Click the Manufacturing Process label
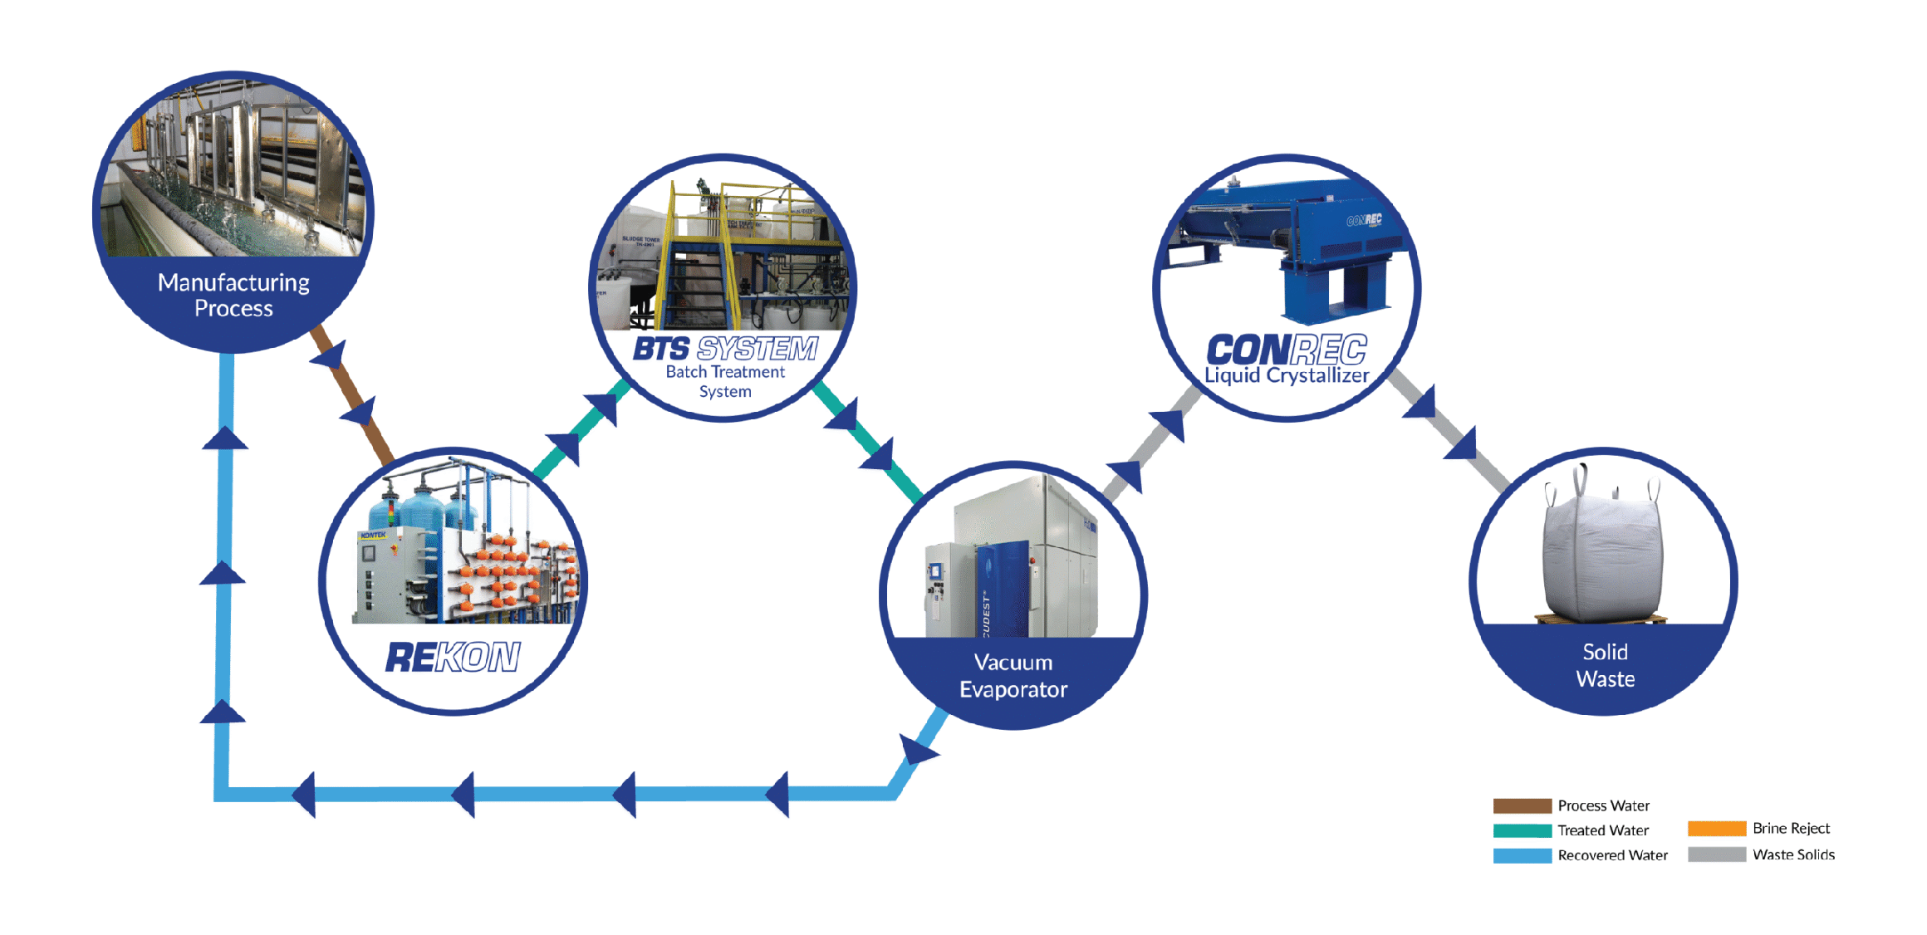tap(233, 295)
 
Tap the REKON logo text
tap(453, 657)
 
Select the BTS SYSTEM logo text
tap(725, 349)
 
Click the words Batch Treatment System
tap(725, 381)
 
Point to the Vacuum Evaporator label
tap(1013, 676)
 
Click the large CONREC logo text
tap(1286, 349)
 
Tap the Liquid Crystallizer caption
tap(1286, 376)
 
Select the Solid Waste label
tap(1605, 665)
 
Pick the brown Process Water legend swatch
tap(1522, 805)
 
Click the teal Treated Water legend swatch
tap(1522, 830)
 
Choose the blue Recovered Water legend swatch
tap(1522, 855)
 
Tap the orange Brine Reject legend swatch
tap(1716, 828)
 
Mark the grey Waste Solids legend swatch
tap(1716, 854)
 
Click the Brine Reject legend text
tap(1791, 828)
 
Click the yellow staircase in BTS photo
tap(698, 274)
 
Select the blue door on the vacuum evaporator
tap(1003, 590)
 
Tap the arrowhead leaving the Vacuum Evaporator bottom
tap(919, 751)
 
